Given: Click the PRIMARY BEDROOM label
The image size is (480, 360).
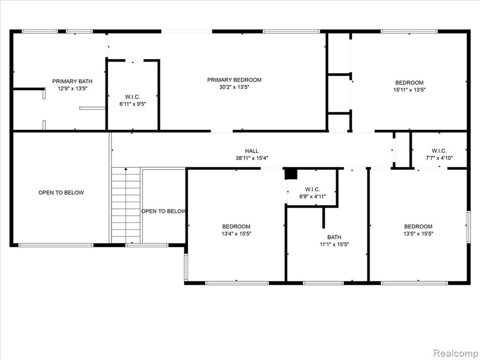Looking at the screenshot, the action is coord(234,80).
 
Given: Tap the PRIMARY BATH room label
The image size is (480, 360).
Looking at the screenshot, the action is coord(72,82).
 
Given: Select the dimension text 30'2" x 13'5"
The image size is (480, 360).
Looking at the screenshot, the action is coord(234,87).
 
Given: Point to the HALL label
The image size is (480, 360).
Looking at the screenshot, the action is coord(252,151).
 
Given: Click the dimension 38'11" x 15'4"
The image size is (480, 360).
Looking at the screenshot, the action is coord(252,158).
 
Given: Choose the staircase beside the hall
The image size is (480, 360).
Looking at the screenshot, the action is coord(126,205).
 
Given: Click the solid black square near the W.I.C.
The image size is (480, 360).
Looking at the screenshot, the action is coord(291,174).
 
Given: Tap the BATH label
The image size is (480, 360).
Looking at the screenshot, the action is coord(334,237).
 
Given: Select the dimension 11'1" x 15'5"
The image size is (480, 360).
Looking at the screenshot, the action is coord(334,245).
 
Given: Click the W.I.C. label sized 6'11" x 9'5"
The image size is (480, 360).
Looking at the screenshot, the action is coord(133,97).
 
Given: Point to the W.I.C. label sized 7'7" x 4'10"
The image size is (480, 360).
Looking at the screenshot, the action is coord(439,151).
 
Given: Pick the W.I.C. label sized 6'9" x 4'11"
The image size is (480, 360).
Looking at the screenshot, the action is coord(313,189).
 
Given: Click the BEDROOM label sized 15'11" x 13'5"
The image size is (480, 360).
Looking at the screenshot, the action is coord(409,82).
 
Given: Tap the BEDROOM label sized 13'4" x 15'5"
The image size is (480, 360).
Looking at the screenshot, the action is coord(236,227).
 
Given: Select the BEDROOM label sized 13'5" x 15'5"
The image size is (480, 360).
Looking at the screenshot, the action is coord(418,227).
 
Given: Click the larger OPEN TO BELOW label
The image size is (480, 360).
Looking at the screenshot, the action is coord(61,193).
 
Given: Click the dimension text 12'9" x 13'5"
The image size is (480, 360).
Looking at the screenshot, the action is coord(73,89).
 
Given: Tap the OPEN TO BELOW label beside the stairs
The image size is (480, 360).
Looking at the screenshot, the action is coord(164,211).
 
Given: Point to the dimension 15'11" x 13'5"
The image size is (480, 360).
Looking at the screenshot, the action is coord(409,90).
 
